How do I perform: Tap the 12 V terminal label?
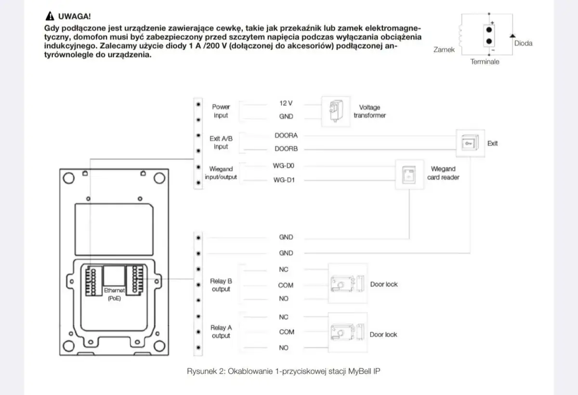coord(286,103)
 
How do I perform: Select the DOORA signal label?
coord(286,136)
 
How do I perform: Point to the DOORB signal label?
coord(286,149)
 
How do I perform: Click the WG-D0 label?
coord(284,166)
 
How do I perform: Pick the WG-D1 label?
coord(284,181)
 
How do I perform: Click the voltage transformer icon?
coord(334,111)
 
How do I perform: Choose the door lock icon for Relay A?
coord(347,333)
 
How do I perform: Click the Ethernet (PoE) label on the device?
coord(114,294)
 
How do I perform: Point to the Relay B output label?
coord(221,285)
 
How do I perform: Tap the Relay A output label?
coord(221,332)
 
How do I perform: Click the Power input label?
coord(221,111)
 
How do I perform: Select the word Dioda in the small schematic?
coord(523,43)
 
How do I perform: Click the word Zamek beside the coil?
coord(444,50)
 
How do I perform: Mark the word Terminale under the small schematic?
coord(485,62)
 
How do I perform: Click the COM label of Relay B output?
coord(286,285)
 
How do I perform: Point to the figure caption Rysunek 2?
coord(287,371)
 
